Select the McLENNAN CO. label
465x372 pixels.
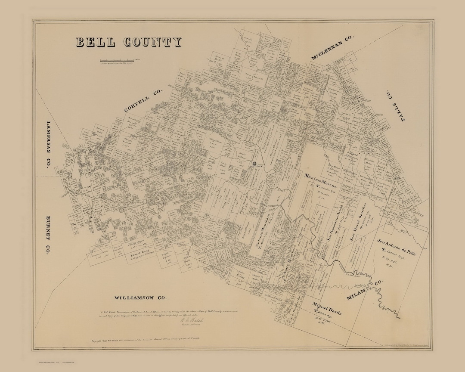[332, 48]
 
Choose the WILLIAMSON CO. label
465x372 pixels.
[140, 298]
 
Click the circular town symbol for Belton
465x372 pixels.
[254, 164]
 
